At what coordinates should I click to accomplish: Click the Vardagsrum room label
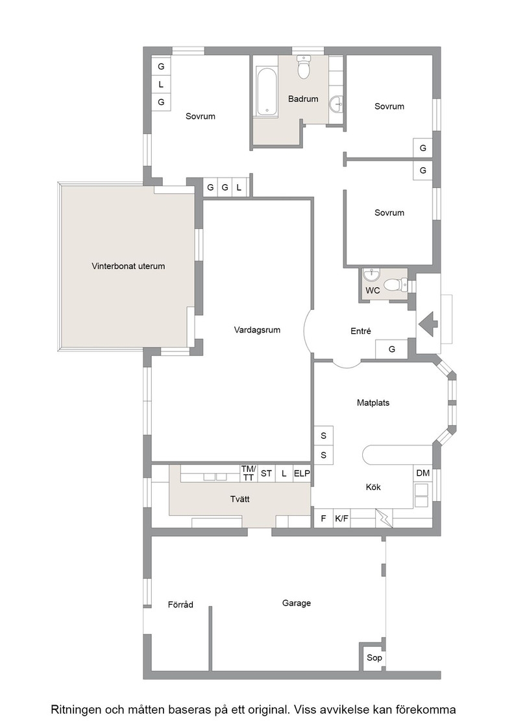257,330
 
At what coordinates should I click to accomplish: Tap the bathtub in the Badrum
267,92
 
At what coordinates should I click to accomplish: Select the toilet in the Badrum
304,67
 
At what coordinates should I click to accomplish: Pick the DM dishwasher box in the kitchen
422,473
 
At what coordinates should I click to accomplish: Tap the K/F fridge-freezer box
341,519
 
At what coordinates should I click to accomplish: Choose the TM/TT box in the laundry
249,473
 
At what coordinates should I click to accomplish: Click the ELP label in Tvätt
302,474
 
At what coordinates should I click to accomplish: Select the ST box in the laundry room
266,473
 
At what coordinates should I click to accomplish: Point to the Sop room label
374,657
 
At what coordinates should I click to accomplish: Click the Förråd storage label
180,604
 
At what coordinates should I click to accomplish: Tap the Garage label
296,603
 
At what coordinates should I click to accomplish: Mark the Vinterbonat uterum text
128,266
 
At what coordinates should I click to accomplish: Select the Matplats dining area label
373,403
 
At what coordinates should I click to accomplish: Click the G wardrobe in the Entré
391,349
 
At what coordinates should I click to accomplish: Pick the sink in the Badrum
337,104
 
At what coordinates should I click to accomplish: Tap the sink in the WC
372,275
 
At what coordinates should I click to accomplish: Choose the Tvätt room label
239,499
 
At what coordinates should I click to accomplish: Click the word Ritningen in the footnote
75,709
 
